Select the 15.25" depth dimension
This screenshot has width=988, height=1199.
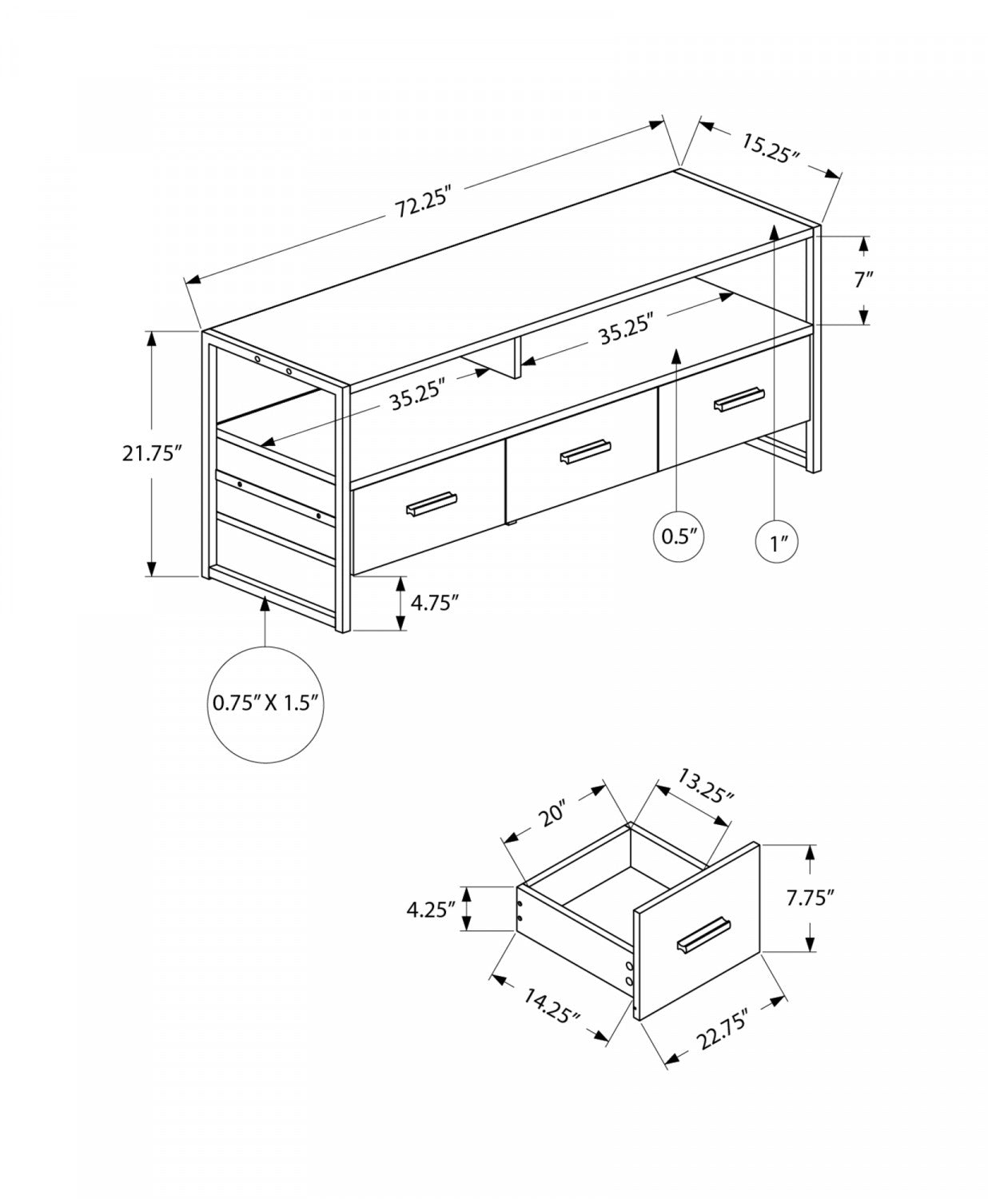tap(770, 148)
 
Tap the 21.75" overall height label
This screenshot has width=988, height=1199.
tap(153, 453)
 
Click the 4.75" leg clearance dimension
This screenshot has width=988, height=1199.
tap(434, 603)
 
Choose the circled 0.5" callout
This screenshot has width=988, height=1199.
tap(679, 536)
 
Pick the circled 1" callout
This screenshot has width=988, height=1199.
tap(779, 544)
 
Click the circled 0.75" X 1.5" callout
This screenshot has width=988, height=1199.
tap(265, 703)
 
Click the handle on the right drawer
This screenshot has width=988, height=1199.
tap(739, 399)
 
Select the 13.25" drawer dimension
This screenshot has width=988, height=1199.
tap(705, 786)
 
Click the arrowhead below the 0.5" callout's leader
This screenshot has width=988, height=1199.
tap(678, 354)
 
